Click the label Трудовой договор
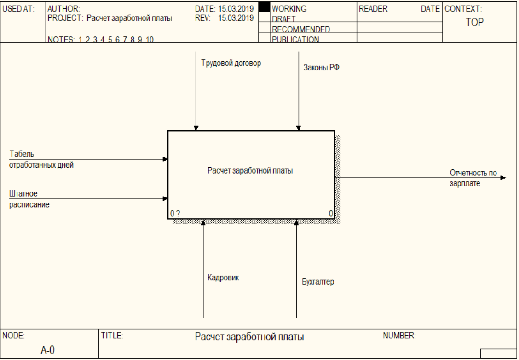[x=231, y=63]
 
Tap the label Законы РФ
[x=322, y=68]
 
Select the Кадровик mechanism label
[x=223, y=278]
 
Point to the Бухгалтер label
[x=318, y=282]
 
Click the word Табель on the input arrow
[x=22, y=154]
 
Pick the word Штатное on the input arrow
[x=23, y=193]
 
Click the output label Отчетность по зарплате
[x=473, y=178]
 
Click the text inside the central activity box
[x=250, y=170]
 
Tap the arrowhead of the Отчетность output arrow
[x=503, y=178]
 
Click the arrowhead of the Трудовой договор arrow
[x=196, y=128]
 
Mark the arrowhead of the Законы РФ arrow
[x=299, y=128]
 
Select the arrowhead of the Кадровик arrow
[x=203, y=222]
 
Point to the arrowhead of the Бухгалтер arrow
[x=296, y=222]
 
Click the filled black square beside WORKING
[x=264, y=7]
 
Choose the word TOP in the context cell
[x=475, y=23]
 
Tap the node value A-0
[x=48, y=350]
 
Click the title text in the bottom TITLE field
[x=249, y=337]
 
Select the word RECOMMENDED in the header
[x=301, y=29]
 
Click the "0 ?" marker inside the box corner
[x=175, y=214]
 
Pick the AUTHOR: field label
[x=63, y=9]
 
